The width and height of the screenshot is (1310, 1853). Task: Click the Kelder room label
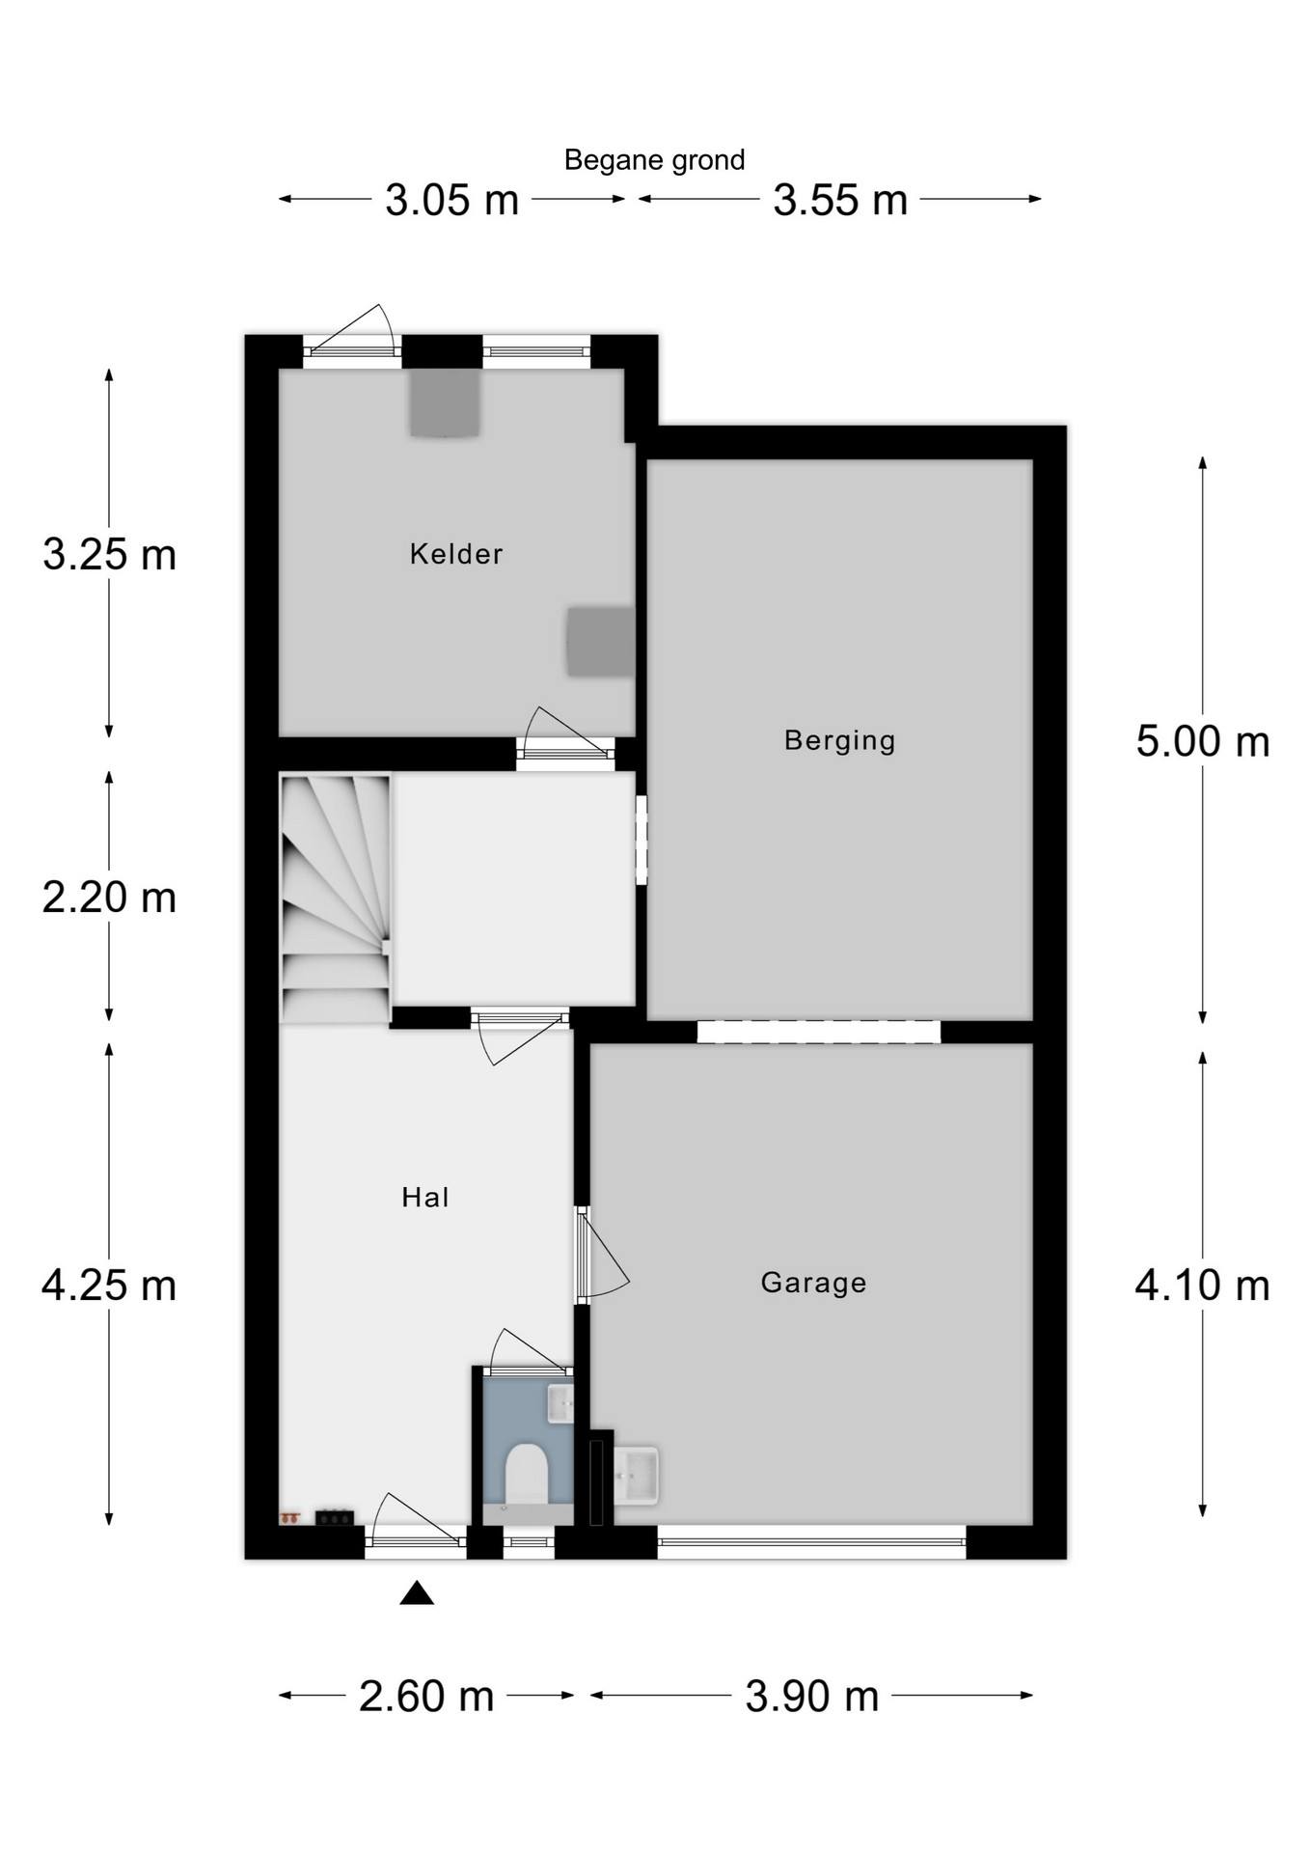[456, 554]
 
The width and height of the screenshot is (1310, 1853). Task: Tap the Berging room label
[840, 740]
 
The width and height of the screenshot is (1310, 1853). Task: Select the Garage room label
[813, 1283]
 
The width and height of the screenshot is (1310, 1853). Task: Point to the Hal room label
[425, 1198]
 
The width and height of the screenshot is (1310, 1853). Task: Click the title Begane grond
[654, 160]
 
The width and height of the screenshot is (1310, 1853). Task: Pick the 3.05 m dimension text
[452, 201]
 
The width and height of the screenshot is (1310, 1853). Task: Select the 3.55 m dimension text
[840, 201]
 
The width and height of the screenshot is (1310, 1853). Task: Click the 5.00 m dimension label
[1203, 741]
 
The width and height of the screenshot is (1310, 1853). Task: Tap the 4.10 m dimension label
[1203, 1286]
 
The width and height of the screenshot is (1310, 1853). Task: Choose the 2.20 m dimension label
[109, 898]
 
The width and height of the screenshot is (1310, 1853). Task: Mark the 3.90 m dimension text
[812, 1696]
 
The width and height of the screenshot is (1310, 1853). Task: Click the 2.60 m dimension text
[426, 1696]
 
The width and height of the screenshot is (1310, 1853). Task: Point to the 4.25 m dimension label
[109, 1286]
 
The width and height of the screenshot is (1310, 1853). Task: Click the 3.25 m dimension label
[109, 555]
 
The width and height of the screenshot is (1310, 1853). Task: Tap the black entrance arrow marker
[417, 1592]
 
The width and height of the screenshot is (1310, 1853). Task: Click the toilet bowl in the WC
[527, 1474]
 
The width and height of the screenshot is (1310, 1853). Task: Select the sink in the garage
[636, 1475]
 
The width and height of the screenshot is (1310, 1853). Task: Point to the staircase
[336, 899]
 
